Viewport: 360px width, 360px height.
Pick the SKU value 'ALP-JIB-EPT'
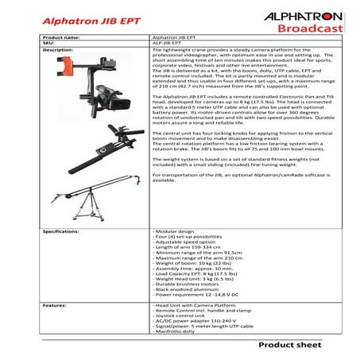click(x=168, y=43)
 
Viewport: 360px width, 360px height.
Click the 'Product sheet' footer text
click(x=296, y=347)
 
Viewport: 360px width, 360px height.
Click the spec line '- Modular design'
click(x=174, y=230)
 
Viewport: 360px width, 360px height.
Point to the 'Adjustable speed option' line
click(x=184, y=242)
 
